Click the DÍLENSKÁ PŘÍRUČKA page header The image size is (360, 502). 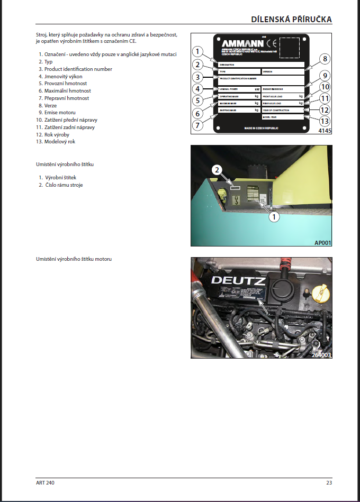(x=291, y=20)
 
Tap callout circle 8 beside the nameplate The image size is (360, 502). (x=325, y=59)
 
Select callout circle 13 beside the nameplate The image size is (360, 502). (x=325, y=122)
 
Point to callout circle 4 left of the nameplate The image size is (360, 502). (x=197, y=89)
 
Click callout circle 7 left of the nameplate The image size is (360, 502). (x=197, y=125)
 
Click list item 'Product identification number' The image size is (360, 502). (x=78, y=69)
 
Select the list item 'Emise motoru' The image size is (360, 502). (x=60, y=113)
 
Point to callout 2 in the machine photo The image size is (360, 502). (x=216, y=170)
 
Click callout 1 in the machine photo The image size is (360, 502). (x=274, y=216)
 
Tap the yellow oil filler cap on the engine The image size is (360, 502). (x=321, y=292)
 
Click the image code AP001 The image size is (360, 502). (x=322, y=243)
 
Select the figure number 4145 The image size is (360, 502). (x=325, y=130)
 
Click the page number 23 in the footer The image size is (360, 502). (x=329, y=482)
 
